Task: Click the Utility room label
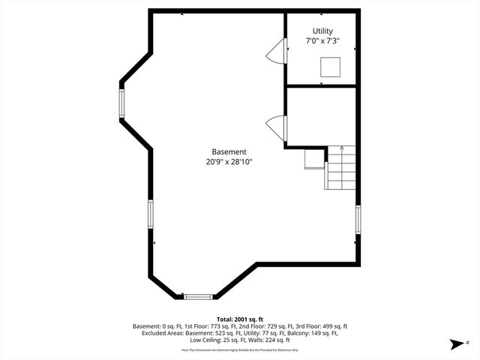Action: point(322,31)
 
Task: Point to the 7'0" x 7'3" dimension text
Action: point(322,42)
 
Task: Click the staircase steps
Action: point(342,169)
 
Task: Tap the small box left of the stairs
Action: point(313,160)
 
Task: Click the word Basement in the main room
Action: point(229,151)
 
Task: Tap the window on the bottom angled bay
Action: point(198,297)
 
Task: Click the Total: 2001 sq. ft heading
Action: point(240,319)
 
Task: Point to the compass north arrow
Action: point(455,344)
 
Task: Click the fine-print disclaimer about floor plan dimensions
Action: point(240,350)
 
